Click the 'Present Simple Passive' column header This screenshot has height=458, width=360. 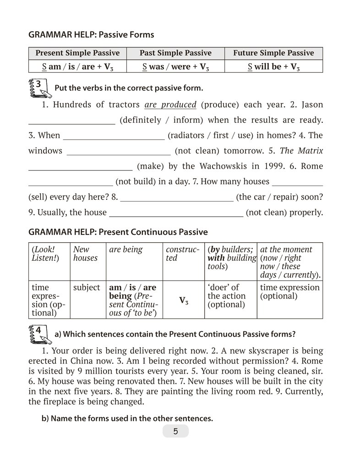(77, 53)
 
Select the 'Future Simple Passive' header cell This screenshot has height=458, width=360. (273, 53)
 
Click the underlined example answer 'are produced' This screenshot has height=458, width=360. (170, 104)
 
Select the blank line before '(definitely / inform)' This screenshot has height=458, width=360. (72, 120)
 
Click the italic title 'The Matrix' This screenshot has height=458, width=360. (301, 150)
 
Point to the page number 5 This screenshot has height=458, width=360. (175, 431)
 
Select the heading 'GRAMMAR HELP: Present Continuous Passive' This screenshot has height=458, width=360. (118, 232)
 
